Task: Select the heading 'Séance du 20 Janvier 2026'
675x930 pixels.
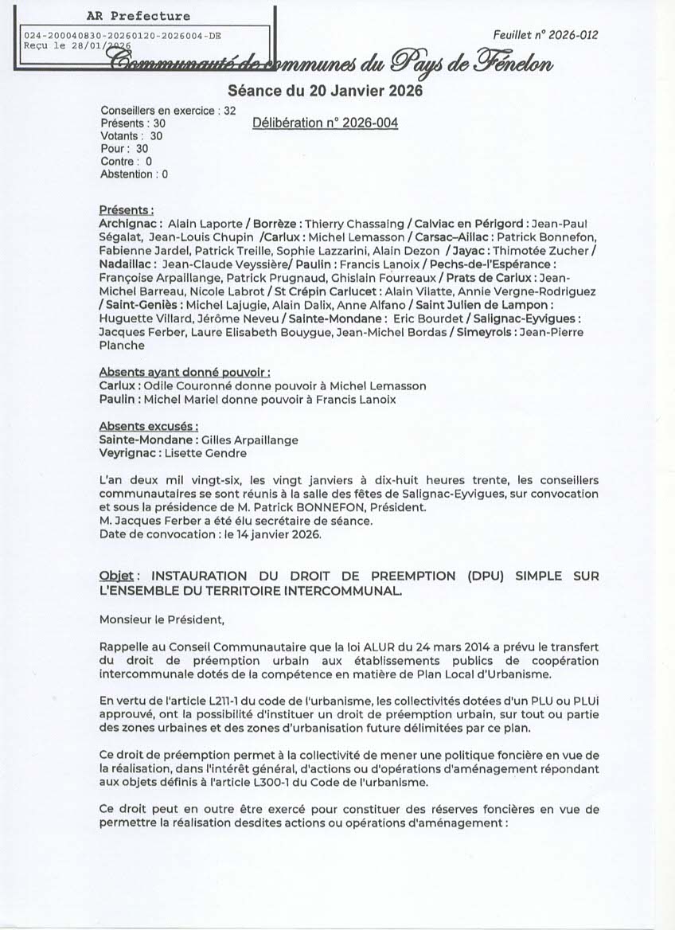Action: pyautogui.click(x=325, y=91)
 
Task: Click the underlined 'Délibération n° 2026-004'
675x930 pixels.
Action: pyautogui.click(x=325, y=123)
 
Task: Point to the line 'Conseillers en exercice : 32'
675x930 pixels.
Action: pyautogui.click(x=168, y=111)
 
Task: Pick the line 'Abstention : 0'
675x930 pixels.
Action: pyautogui.click(x=134, y=174)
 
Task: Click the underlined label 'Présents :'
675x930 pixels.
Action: pyautogui.click(x=127, y=210)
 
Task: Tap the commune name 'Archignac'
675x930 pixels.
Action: pyautogui.click(x=131, y=224)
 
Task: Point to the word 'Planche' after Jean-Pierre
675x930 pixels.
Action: pyautogui.click(x=122, y=346)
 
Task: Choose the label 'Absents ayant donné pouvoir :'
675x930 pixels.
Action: pyautogui.click(x=185, y=372)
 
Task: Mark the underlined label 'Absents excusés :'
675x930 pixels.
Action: pyautogui.click(x=149, y=426)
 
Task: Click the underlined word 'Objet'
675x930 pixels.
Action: pyautogui.click(x=119, y=576)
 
